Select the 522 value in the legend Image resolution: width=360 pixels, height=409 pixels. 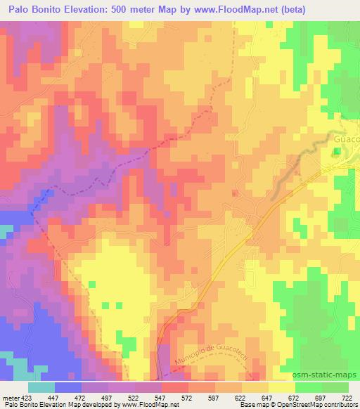(x=134, y=397)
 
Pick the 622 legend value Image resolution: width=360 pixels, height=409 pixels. (x=240, y=397)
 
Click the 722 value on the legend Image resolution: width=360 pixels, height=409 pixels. (x=347, y=397)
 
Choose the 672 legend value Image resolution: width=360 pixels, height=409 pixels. (x=294, y=397)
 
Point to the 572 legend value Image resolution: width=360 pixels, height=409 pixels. (x=188, y=397)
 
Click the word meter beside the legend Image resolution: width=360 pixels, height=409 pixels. (x=10, y=397)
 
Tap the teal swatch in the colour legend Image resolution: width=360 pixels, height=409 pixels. (x=41, y=387)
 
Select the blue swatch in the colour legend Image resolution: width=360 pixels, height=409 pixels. (x=68, y=387)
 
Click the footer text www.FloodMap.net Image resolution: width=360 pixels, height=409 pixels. (x=150, y=405)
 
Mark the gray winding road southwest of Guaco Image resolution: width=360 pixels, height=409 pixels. (x=288, y=173)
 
